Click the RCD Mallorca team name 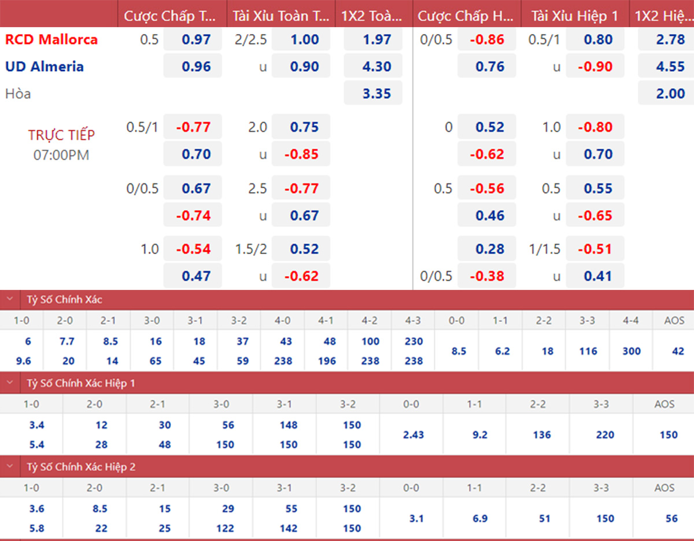coord(51,40)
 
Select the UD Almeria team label coord(45,67)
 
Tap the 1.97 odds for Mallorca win coord(376,40)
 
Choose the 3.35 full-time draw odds coord(376,94)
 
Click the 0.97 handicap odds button coord(196,40)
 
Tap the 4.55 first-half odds coord(670,67)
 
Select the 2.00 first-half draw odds coord(670,94)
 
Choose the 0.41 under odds coord(597,277)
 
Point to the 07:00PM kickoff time coord(61,155)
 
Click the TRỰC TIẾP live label coord(61,135)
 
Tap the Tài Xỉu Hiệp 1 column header coord(574,16)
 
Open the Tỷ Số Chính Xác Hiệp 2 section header coord(81,466)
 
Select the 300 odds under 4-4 coord(632,351)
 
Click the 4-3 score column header coord(414,319)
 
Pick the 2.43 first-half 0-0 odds coord(414,435)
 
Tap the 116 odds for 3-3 coord(588,351)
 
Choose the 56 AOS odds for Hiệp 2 coord(671,518)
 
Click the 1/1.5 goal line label coord(545,249)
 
